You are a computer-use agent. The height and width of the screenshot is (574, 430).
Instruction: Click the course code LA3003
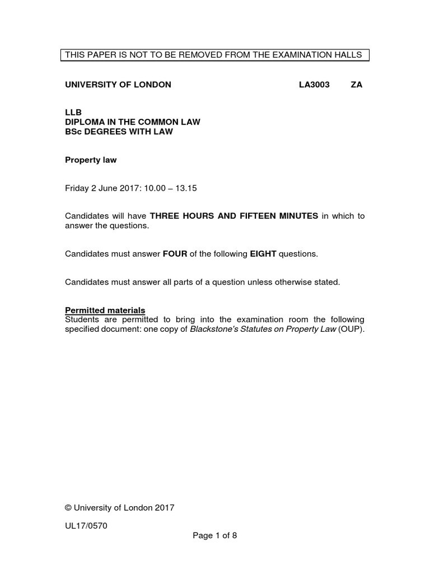(x=314, y=85)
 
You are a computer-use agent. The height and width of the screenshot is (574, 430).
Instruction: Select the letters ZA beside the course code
(x=356, y=85)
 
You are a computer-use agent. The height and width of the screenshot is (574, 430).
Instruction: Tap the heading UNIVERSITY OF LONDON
(x=118, y=85)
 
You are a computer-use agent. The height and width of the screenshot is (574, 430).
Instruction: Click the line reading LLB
(x=73, y=113)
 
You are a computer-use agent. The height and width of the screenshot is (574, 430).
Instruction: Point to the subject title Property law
(x=91, y=160)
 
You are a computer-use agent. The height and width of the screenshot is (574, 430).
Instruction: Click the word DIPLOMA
(x=86, y=122)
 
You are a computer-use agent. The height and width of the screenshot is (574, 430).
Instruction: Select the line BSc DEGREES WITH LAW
(x=119, y=132)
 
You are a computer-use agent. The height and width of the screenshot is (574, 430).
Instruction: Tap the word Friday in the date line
(x=77, y=188)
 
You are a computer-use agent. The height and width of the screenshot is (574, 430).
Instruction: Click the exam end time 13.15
(x=186, y=188)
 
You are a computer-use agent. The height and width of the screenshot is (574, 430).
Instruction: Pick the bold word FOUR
(x=175, y=254)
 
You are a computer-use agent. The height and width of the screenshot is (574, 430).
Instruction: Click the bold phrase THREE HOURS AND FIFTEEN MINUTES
(x=234, y=216)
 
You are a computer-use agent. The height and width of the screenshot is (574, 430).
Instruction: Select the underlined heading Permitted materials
(x=105, y=310)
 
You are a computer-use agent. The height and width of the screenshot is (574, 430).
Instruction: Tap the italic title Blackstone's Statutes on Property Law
(x=263, y=329)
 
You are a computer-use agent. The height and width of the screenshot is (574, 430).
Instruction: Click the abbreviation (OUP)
(x=351, y=329)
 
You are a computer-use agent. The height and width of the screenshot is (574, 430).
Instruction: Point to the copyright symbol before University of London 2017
(x=68, y=508)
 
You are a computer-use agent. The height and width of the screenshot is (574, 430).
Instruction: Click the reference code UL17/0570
(x=86, y=526)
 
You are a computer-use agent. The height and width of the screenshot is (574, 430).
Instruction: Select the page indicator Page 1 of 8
(x=215, y=535)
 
